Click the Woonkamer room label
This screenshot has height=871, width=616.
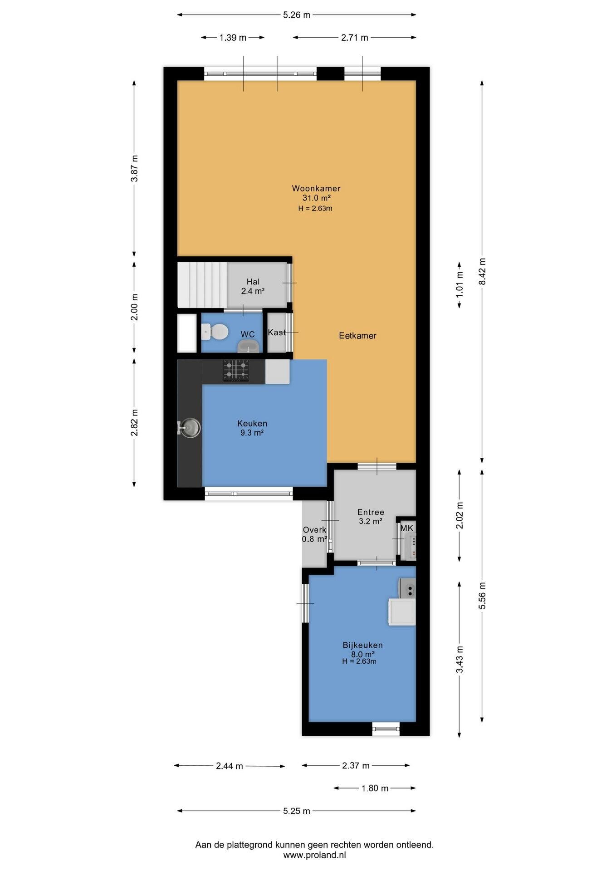tap(316, 188)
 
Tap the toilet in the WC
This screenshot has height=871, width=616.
tap(215, 332)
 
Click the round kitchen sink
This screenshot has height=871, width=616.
tap(189, 427)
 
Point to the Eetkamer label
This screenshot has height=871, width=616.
tap(358, 336)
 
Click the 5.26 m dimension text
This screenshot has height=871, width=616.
tap(297, 15)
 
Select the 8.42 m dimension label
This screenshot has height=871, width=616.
tap(482, 271)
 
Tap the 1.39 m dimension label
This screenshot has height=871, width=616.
tap(233, 38)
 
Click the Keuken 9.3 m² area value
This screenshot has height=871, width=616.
tap(252, 433)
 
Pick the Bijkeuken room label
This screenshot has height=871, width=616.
tap(363, 645)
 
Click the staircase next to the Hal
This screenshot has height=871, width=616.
tap(202, 284)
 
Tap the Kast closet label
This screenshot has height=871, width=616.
tap(277, 333)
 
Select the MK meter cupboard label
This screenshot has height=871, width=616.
tap(407, 528)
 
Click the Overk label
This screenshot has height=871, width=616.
tap(314, 530)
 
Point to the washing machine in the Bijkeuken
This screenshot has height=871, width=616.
tap(402, 612)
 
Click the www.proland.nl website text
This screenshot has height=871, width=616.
tap(315, 855)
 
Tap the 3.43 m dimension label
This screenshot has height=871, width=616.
tap(460, 660)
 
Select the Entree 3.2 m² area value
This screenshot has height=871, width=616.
tap(371, 522)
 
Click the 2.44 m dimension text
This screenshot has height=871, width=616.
tap(230, 766)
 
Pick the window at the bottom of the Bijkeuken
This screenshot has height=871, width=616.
tap(386, 729)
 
